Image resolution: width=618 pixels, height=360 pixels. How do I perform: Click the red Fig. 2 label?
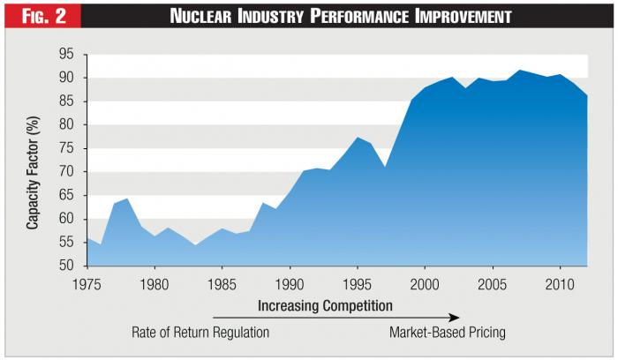tap(41, 17)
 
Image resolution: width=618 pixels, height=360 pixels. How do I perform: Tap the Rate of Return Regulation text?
tap(200, 333)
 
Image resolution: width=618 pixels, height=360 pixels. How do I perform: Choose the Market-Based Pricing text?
tap(448, 333)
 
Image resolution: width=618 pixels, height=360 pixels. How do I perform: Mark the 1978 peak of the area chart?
tap(128, 199)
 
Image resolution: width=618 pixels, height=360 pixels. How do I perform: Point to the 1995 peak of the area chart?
tap(357, 138)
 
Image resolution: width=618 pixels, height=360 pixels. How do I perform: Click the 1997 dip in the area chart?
tap(384, 167)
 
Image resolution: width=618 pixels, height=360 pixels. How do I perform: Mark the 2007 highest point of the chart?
tap(519, 70)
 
